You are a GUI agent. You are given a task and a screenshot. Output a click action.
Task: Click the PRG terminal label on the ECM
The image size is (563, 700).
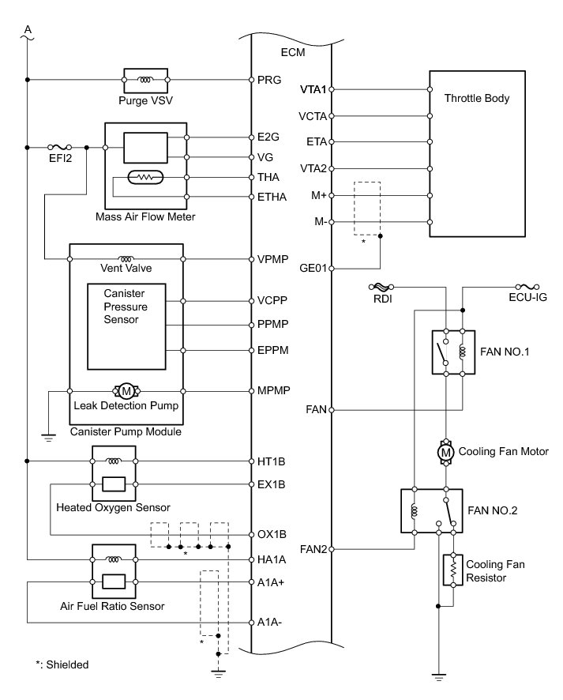click(269, 80)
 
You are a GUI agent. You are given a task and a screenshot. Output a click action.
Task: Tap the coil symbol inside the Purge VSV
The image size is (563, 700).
click(145, 80)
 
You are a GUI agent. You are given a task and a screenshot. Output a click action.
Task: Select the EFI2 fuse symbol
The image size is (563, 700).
click(60, 147)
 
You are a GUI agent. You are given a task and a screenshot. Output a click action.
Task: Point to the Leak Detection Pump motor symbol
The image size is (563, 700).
click(126, 391)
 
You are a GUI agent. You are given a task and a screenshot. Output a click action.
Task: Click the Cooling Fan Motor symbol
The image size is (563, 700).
click(445, 452)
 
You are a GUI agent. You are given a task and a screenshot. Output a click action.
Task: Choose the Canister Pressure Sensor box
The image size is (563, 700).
click(126, 327)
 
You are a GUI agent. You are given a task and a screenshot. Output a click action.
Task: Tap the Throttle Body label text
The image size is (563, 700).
click(476, 98)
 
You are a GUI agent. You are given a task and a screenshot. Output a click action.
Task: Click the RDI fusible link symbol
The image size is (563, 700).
click(381, 287)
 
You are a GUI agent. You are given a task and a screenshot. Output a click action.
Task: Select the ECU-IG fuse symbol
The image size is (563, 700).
click(527, 287)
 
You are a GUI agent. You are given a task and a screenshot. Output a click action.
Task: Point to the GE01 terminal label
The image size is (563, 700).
click(313, 269)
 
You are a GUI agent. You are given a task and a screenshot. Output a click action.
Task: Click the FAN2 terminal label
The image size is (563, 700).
click(313, 549)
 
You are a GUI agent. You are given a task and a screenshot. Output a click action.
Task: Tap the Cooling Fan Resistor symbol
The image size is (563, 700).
click(453, 569)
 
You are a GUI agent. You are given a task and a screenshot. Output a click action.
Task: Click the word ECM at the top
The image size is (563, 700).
click(293, 52)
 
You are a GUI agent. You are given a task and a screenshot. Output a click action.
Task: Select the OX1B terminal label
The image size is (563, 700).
click(272, 534)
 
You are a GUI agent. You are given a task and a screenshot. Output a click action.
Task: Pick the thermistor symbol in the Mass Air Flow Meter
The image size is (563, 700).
click(145, 178)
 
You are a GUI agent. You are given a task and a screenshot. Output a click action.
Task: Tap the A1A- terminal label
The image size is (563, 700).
click(269, 623)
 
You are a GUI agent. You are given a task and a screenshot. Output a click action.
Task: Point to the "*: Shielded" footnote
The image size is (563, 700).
click(62, 664)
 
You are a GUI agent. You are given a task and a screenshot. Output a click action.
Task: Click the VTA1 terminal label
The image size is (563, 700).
click(313, 90)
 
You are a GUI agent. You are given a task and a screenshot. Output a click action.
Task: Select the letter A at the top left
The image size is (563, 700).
click(28, 30)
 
